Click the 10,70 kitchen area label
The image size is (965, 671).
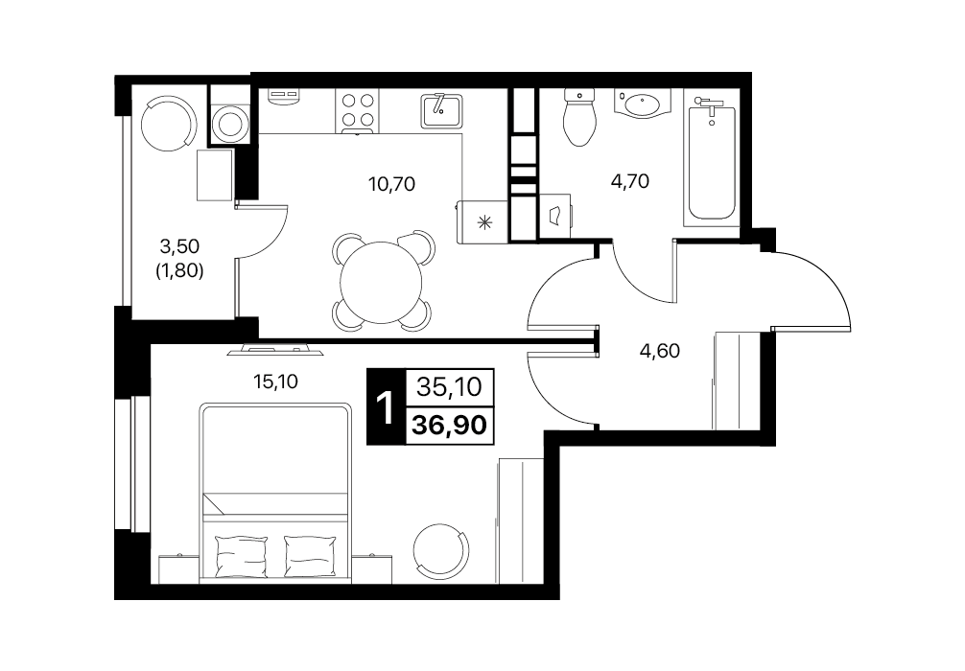[x=391, y=183]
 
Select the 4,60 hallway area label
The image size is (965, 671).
[x=660, y=351]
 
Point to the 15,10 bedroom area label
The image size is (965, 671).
[x=275, y=382]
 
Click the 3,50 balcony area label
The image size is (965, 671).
[x=179, y=246]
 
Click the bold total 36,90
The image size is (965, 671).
[x=449, y=425]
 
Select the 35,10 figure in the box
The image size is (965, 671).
[x=449, y=387]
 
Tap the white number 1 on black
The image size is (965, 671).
[x=386, y=408]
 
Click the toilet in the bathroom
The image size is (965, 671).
[x=579, y=118]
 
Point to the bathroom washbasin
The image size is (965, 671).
[x=643, y=104]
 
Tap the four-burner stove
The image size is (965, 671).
[x=358, y=110]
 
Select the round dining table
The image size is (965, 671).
[x=382, y=284]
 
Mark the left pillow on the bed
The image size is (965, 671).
[x=242, y=555]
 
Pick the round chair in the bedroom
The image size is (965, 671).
[x=440, y=549]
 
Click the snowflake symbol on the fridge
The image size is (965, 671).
[x=485, y=222]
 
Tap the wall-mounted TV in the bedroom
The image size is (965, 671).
[x=275, y=349]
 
